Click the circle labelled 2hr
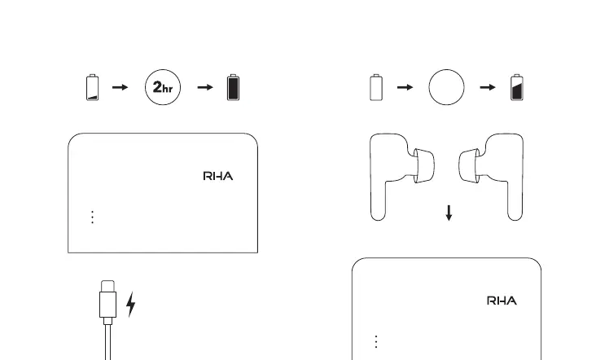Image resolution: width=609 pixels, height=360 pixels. [x=162, y=88]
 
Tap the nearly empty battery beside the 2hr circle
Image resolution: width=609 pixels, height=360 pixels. [x=92, y=88]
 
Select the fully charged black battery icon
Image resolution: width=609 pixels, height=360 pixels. [x=234, y=87]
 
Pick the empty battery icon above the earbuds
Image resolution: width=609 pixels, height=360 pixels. [x=375, y=88]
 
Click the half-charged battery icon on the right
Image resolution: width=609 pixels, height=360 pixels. [x=516, y=87]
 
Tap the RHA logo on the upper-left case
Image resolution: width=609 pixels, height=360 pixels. [x=217, y=176]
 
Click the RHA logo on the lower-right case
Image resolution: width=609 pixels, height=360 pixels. [x=502, y=301]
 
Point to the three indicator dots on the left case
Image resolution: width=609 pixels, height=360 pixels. [x=92, y=217]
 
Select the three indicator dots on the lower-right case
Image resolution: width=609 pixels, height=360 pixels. [x=376, y=341]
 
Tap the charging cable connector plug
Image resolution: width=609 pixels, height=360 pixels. [x=107, y=301]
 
